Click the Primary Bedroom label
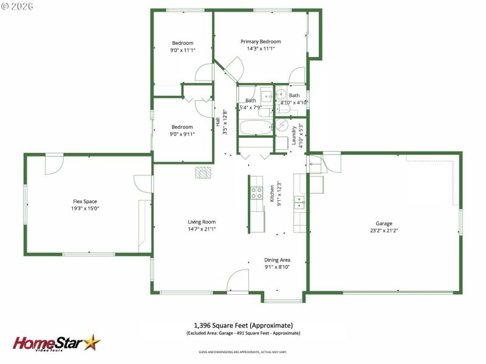coord(264,41)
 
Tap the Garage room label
coord(383,223)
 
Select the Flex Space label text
coord(85,201)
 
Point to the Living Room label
coord(202,222)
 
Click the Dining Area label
coord(277,260)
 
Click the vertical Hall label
coord(217,121)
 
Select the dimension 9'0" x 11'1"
coord(182,50)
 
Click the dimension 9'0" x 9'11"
coord(182,134)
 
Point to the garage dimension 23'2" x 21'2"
coord(383,231)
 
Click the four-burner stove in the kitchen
coord(256,194)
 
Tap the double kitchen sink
coord(299,202)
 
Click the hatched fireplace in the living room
coord(203,173)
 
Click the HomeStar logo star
coord(92,342)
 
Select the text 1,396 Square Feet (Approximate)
coord(243,325)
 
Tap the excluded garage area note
coord(243,333)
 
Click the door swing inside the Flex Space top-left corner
coord(54,164)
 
